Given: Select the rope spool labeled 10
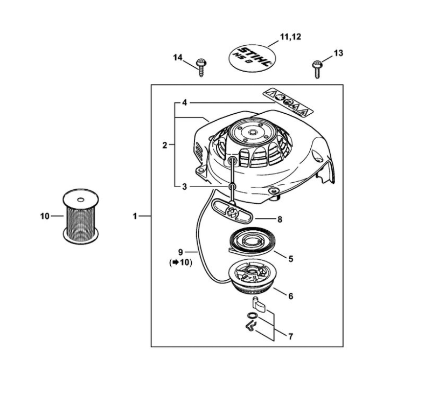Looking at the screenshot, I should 80,216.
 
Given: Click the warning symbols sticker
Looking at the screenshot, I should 289,101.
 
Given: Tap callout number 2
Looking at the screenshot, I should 165,144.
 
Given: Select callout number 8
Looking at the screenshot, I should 280,219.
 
